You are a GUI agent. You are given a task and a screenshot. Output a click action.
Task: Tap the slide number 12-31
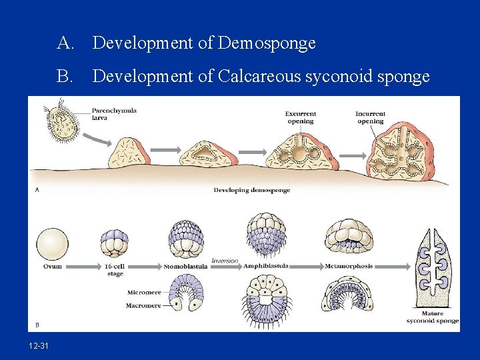[39, 345]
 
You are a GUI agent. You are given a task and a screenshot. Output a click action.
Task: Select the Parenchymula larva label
[114, 113]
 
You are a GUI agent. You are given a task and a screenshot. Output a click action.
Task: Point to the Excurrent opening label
[301, 117]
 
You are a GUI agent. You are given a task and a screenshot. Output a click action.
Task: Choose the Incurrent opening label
[370, 117]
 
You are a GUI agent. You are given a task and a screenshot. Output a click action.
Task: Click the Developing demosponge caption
[251, 190]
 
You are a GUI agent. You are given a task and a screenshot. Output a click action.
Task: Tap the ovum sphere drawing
[52, 244]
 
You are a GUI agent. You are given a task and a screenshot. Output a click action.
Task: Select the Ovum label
[52, 266]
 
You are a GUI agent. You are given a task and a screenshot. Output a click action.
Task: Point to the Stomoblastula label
[181, 267]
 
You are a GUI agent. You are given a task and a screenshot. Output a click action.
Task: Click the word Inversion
[225, 260]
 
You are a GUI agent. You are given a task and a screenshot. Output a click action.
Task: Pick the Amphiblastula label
[265, 266]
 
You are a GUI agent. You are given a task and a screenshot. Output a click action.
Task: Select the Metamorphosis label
[349, 266]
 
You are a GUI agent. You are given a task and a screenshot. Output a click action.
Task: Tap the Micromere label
[143, 292]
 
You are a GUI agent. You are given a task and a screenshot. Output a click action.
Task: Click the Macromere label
[143, 305]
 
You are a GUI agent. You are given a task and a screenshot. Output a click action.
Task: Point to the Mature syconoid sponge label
[433, 317]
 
